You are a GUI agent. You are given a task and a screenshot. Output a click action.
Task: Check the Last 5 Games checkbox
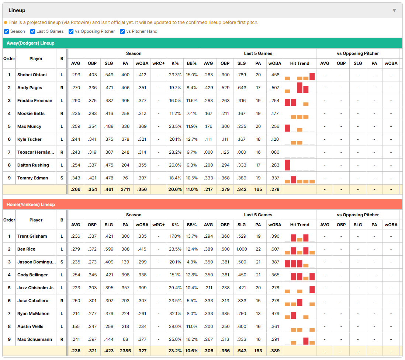32,31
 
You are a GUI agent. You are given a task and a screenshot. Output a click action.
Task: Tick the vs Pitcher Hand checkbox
122,31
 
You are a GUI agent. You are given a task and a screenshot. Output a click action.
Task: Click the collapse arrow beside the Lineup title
394,10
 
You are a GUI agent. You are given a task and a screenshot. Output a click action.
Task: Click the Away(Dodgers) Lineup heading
31,43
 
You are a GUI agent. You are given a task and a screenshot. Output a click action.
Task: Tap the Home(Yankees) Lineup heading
31,205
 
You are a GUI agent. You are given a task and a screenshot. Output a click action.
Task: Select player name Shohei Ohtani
32,75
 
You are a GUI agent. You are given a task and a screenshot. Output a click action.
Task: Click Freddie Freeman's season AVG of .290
76,101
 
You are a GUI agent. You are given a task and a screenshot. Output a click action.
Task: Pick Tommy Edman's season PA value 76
125,178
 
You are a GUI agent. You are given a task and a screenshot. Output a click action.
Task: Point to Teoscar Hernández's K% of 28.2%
175,152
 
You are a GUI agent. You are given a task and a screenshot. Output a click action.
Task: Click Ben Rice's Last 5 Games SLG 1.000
242,249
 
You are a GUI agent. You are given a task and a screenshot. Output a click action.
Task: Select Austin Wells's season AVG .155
76,326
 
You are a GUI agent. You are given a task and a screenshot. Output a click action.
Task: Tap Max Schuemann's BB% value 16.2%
192,339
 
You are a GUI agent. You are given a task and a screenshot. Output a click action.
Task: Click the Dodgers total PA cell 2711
125,189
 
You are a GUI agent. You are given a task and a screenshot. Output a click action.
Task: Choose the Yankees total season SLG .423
109,351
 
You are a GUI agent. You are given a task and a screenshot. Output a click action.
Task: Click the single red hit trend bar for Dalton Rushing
287,165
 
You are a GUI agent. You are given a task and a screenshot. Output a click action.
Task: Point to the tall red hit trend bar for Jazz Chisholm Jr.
312,290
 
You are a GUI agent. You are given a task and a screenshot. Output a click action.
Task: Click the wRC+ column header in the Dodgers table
159,63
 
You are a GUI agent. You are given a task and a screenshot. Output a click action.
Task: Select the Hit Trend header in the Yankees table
300,225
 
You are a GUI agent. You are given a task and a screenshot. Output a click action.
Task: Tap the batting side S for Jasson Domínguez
62,262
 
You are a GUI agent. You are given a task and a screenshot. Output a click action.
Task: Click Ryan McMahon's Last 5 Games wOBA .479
275,314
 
